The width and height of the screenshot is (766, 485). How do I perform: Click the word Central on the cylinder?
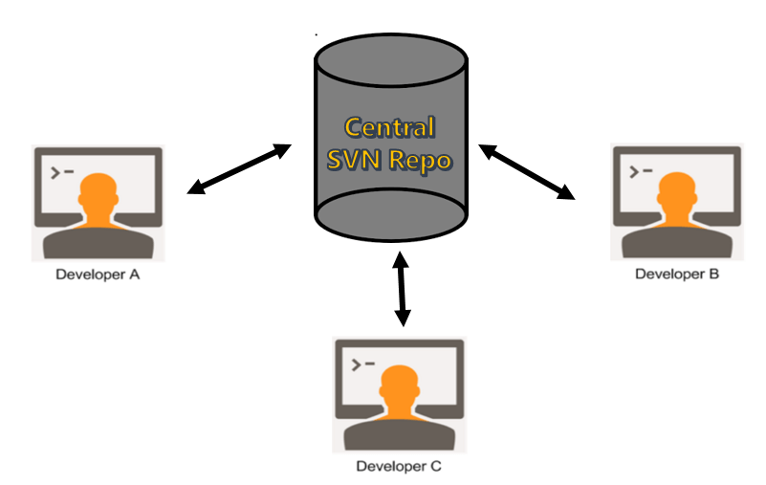pos(390,128)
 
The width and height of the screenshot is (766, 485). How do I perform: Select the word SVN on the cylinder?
pos(354,159)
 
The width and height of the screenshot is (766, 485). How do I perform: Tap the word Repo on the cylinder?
pos(419,159)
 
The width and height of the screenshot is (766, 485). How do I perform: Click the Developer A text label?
pos(98,275)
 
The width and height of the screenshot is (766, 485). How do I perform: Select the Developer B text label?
pos(677,274)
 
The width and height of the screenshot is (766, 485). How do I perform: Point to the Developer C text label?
pos(398,467)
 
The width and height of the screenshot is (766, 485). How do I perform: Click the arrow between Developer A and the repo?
pos(239,169)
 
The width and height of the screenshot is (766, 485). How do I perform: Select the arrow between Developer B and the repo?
pos(528,172)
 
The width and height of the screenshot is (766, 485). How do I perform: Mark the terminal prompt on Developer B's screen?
pos(641,172)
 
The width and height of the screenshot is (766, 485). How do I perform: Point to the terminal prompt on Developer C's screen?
pos(363,364)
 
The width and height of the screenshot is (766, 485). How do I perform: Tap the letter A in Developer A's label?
pos(134,275)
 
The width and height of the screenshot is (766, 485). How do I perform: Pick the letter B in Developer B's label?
pos(713,274)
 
